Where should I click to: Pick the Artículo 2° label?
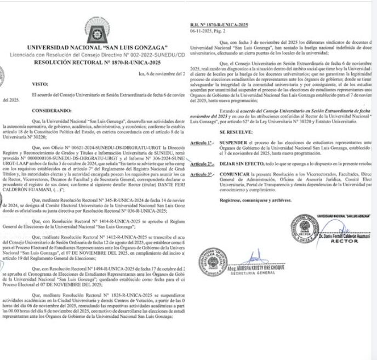(x=201, y=163)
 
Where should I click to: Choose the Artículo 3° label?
(x=201, y=174)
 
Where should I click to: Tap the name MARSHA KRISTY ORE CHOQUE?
(x=258, y=268)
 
